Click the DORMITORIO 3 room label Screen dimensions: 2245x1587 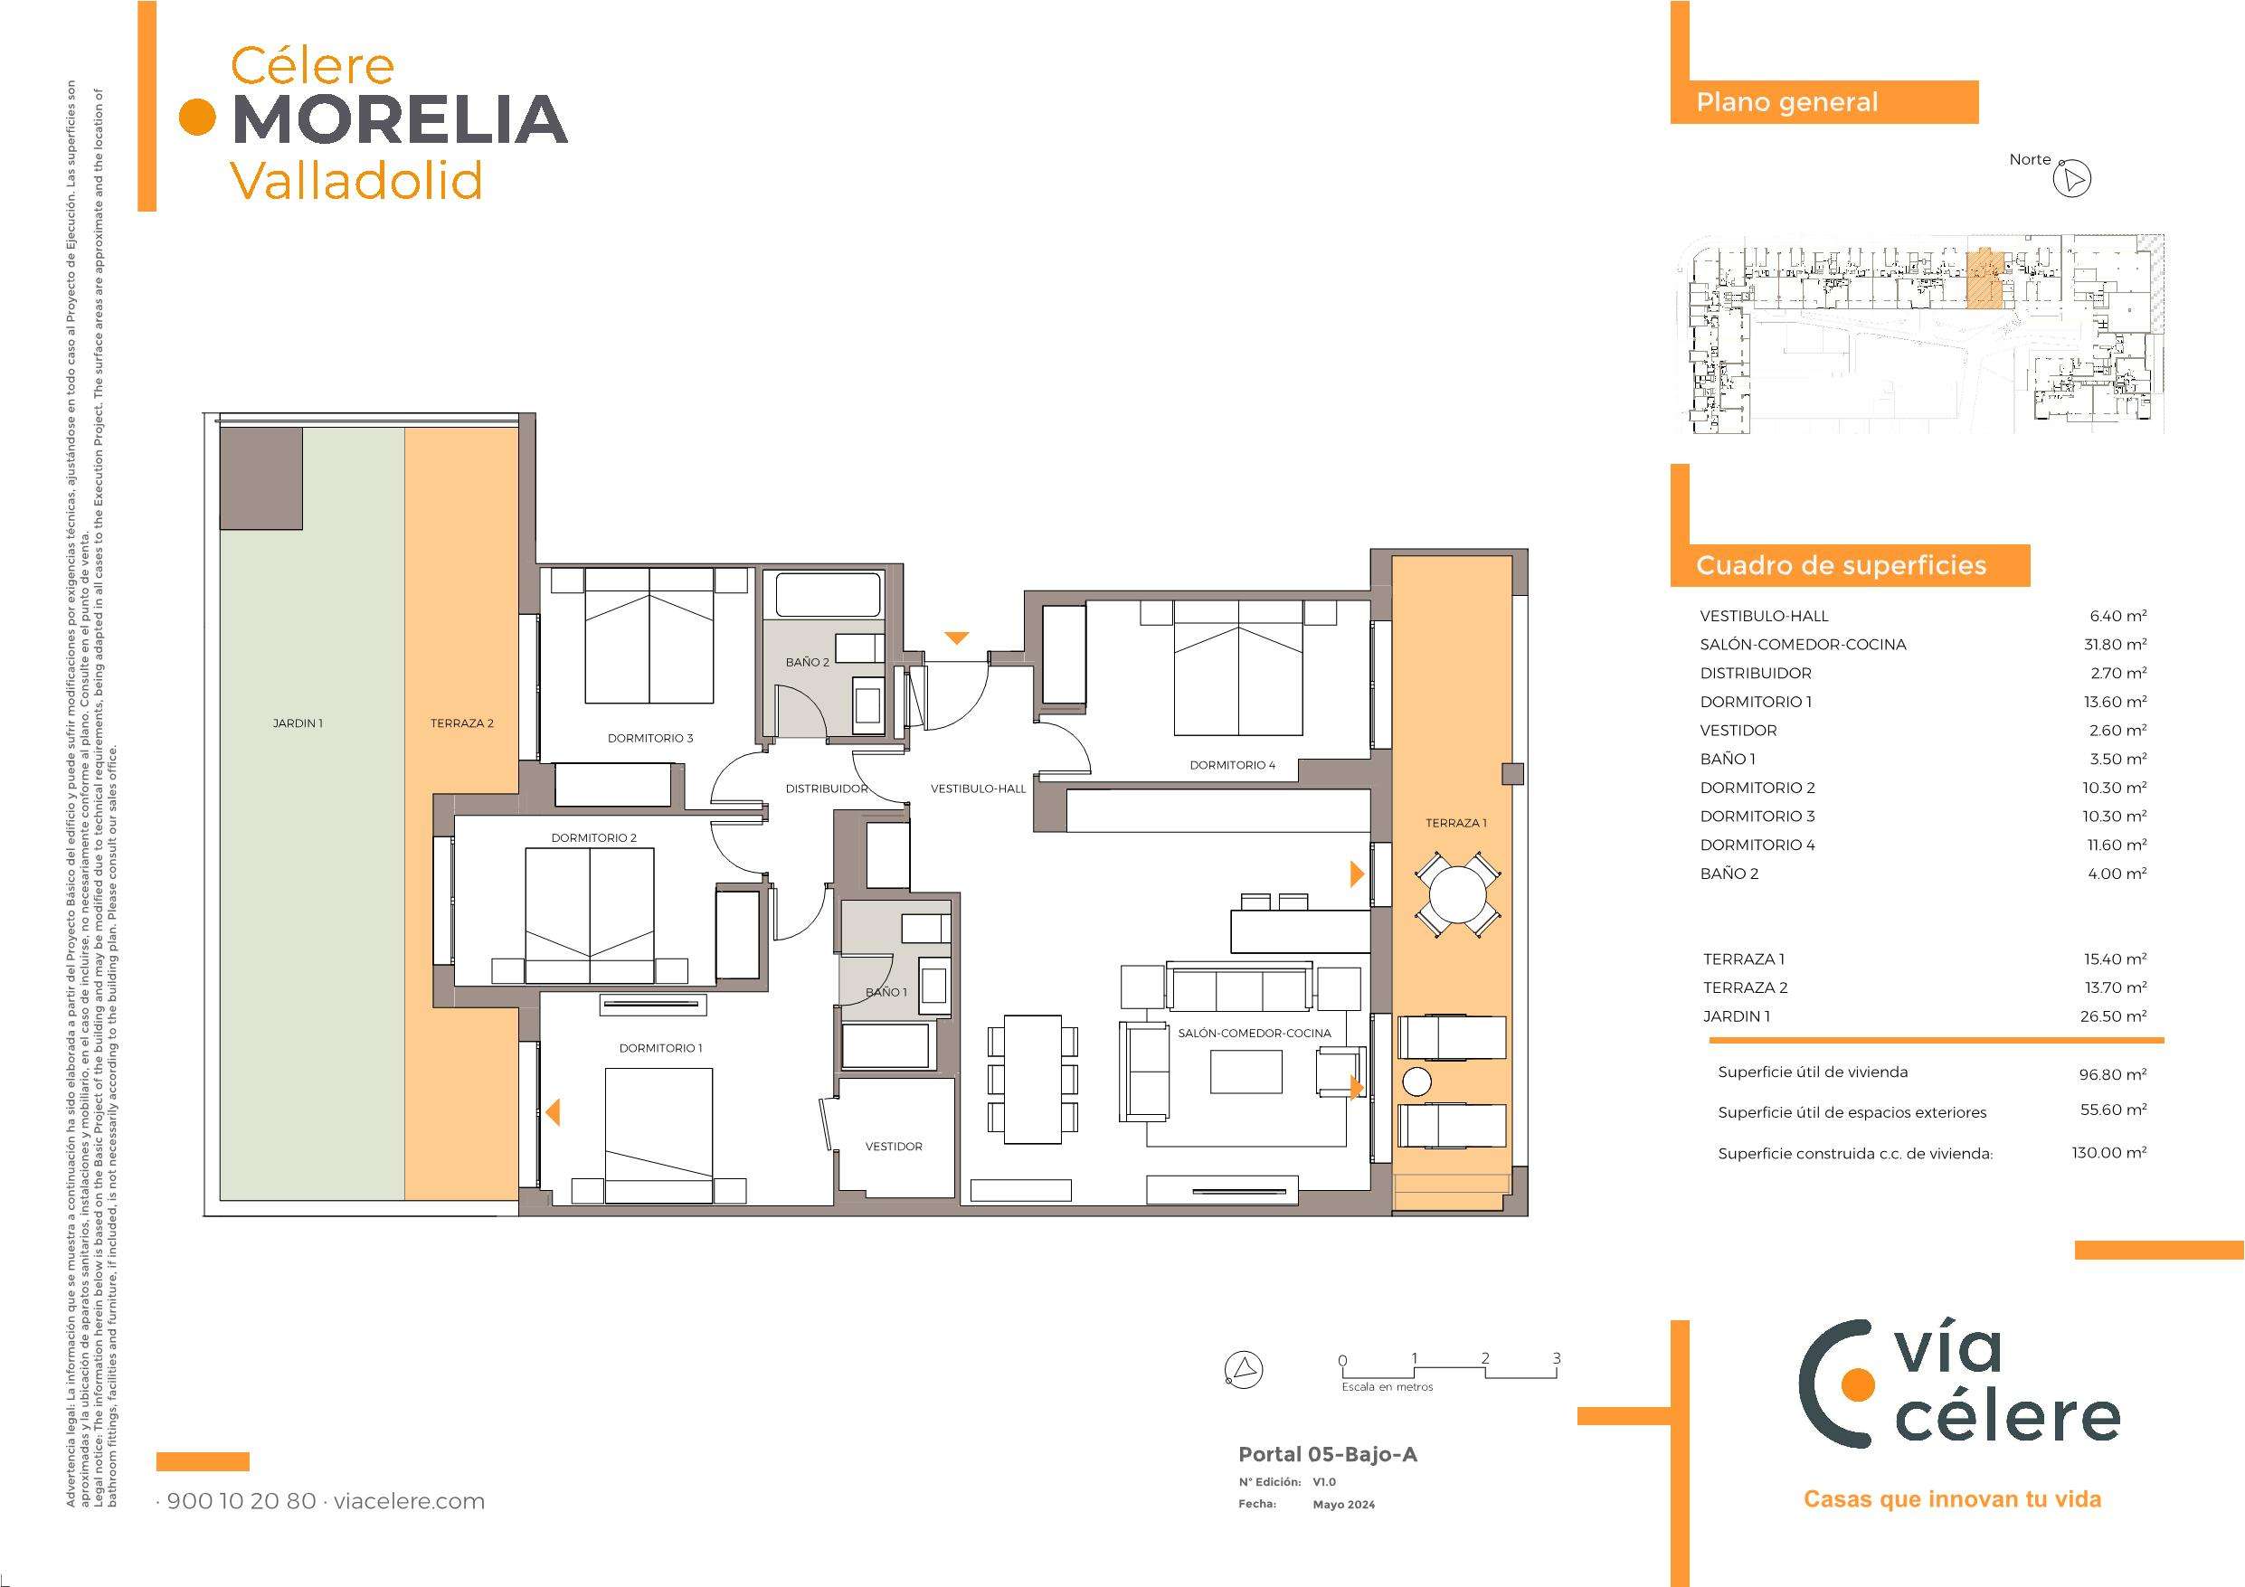click(x=650, y=738)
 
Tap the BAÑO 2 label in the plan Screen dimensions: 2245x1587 click(x=808, y=662)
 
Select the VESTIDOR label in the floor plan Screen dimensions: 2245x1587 click(x=894, y=1146)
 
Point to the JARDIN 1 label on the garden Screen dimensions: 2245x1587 click(x=298, y=723)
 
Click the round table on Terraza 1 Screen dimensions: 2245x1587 click(x=1458, y=894)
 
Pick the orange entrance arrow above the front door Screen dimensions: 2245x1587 click(x=956, y=638)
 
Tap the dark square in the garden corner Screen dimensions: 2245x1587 click(x=260, y=479)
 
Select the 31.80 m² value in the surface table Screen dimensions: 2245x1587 click(x=2113, y=645)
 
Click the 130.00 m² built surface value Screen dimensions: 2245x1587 click(x=2109, y=1153)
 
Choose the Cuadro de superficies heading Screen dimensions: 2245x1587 click(x=1842, y=566)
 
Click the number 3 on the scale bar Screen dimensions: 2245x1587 click(x=1557, y=1358)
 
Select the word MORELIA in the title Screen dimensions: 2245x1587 click(x=401, y=119)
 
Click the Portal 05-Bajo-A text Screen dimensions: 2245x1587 click(x=1328, y=1454)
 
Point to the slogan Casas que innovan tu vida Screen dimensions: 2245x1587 click(x=1953, y=1499)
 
